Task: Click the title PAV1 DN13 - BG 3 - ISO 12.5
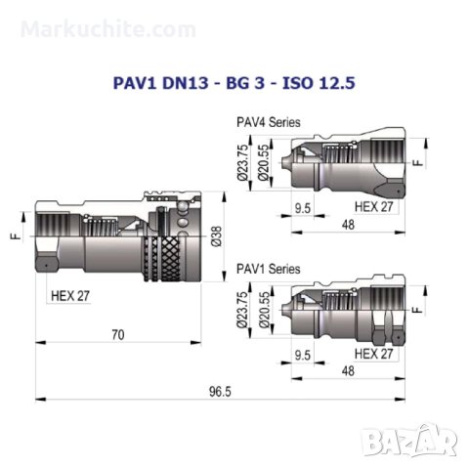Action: pyautogui.click(x=234, y=83)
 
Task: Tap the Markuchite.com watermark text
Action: pyautogui.click(x=108, y=29)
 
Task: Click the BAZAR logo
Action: pyautogui.click(x=410, y=440)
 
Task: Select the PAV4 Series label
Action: pyautogui.click(x=269, y=122)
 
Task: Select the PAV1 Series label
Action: pyautogui.click(x=269, y=269)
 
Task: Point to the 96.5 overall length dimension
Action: pyautogui.click(x=220, y=392)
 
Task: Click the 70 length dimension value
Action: pyautogui.click(x=118, y=335)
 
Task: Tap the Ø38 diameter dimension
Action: pyautogui.click(x=216, y=236)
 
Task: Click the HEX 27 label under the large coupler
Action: pyautogui.click(x=70, y=296)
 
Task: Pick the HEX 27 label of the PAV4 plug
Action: pyautogui.click(x=374, y=206)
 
